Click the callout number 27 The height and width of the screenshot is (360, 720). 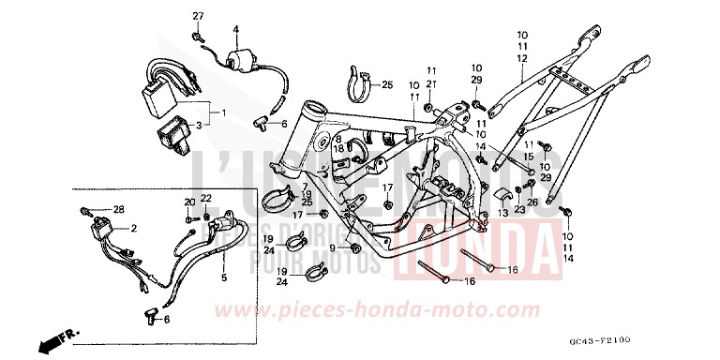[199, 17]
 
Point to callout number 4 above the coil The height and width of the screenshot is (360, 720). [236, 28]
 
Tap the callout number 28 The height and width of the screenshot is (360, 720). [119, 208]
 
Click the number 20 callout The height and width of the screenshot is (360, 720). [188, 202]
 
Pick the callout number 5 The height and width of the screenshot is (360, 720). [223, 278]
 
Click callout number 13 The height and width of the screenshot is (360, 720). [502, 214]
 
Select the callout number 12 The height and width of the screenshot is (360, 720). [521, 57]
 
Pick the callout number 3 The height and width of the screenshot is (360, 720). [199, 124]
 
